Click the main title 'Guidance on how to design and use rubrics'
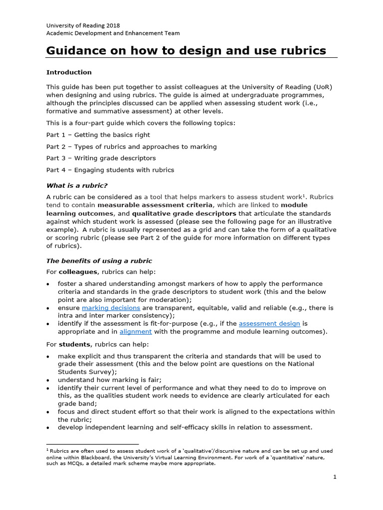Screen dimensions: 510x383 (x=186, y=50)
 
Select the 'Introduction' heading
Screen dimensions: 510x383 (x=69, y=72)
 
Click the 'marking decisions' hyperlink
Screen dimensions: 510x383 (x=111, y=308)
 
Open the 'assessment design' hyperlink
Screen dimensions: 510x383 (x=269, y=324)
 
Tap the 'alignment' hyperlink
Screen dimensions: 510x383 (x=136, y=332)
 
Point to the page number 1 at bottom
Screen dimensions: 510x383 (x=335, y=477)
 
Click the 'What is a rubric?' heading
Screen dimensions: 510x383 (x=77, y=186)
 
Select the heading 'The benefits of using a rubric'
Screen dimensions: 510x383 (x=99, y=261)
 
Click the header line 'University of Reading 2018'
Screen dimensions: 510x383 (x=83, y=25)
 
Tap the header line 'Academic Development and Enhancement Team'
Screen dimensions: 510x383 (x=113, y=33)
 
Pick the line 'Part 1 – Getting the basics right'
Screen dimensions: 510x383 (x=98, y=135)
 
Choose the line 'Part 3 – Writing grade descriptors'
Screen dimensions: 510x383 (x=101, y=158)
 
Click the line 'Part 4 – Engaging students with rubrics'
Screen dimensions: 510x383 (x=110, y=170)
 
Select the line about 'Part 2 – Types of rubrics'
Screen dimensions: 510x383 (x=131, y=146)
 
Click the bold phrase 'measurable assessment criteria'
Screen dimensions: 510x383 (x=156, y=205)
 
